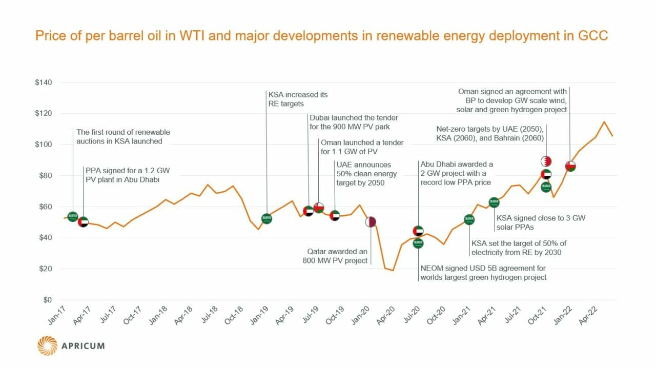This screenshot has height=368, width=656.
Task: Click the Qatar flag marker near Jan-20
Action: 371,222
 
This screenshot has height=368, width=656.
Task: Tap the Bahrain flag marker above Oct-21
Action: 546,161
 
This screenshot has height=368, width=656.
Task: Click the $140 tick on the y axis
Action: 50,83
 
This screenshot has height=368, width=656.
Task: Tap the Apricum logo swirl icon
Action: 47,345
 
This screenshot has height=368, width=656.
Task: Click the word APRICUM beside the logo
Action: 83,345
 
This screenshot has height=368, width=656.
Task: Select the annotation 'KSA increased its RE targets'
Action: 297,99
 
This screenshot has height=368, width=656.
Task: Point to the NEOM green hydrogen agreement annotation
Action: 483,273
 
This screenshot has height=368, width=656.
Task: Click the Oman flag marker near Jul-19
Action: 319,208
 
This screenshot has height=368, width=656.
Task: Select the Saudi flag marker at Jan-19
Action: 266,219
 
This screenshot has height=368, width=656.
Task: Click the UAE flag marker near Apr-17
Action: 83,222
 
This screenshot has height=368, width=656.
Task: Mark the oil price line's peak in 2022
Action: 604,122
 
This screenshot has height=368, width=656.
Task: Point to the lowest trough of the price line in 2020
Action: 393,270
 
